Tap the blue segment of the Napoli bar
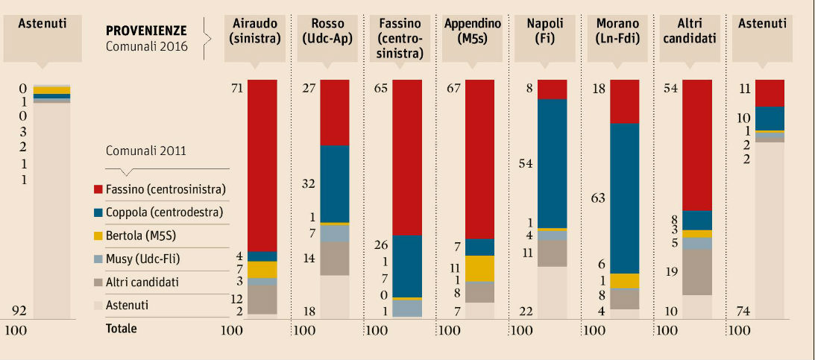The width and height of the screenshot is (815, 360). (552, 163)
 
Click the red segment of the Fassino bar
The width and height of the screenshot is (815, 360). (407, 157)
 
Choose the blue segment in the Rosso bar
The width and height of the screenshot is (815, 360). (334, 183)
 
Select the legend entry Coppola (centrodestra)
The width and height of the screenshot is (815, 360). (164, 212)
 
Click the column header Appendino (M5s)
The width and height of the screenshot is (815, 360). (473, 31)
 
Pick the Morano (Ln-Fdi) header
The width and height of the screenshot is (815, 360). (618, 31)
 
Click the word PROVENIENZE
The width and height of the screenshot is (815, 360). (146, 31)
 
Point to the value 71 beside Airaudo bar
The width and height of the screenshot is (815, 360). (238, 89)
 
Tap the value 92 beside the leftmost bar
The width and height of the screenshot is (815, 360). (22, 311)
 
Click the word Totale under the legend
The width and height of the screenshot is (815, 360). (122, 328)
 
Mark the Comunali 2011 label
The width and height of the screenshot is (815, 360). (146, 151)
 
